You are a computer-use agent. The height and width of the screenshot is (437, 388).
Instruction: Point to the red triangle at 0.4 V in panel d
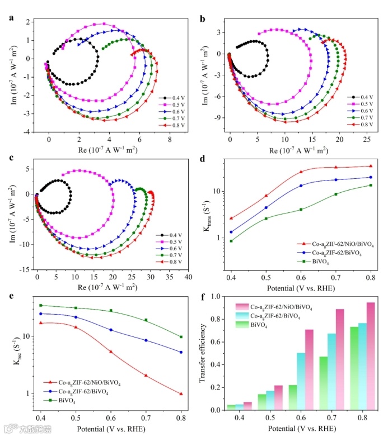click(x=231, y=218)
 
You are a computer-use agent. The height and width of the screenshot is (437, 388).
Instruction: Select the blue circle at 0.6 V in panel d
click(x=301, y=186)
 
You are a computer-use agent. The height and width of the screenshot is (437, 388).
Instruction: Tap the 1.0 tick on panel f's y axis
click(x=219, y=297)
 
